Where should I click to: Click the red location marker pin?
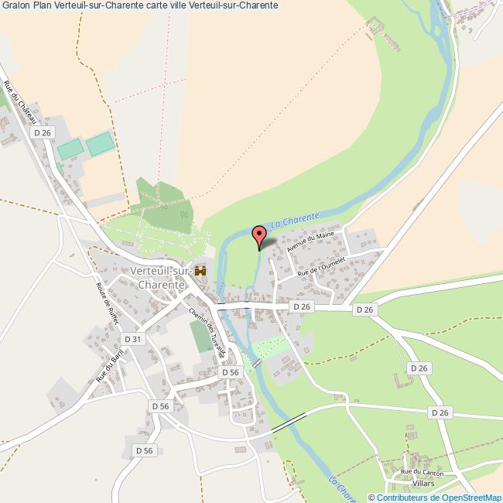coord(260,234)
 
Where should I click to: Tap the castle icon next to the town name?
coord(200,271)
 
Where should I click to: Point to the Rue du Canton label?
coord(422,471)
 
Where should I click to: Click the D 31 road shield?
coord(133,339)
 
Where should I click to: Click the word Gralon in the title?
coord(15,5)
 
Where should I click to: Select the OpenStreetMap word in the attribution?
coord(471,497)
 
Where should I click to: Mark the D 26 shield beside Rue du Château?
coord(42,133)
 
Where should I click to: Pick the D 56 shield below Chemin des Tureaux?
coord(230,372)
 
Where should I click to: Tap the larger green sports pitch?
coord(99,143)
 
